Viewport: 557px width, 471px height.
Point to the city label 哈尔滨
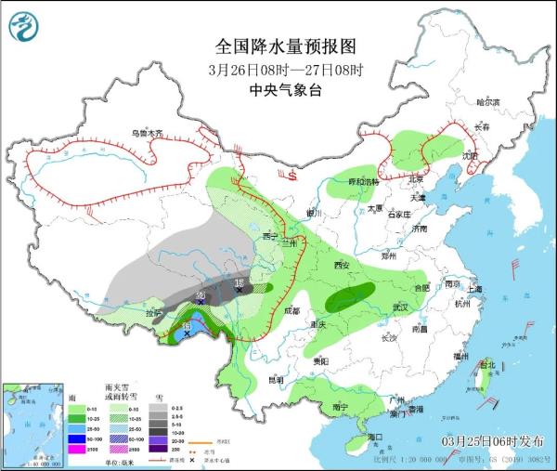(487, 101)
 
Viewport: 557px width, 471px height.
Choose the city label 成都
(292, 310)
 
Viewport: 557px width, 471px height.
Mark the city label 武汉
(401, 307)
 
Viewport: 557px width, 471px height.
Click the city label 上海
(475, 289)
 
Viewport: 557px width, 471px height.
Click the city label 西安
(341, 266)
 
